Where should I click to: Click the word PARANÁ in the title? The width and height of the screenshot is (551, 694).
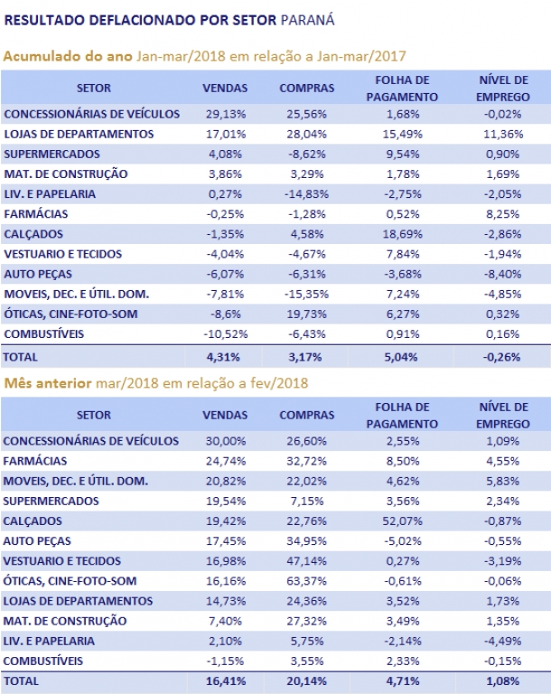(308, 20)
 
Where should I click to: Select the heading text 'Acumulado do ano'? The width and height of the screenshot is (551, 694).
(68, 56)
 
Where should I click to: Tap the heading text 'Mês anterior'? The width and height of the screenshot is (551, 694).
(48, 383)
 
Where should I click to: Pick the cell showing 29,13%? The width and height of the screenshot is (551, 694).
(225, 114)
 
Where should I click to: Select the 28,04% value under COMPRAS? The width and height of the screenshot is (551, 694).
(306, 134)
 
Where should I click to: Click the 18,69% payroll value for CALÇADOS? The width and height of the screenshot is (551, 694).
(402, 234)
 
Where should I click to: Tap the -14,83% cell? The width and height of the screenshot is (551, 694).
(306, 194)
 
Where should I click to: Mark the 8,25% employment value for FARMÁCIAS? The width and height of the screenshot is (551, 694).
(503, 214)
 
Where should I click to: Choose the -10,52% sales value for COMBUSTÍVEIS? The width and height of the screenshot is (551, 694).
(225, 334)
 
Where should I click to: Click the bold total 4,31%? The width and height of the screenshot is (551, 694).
(223, 357)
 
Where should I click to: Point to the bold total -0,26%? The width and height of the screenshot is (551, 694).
(501, 357)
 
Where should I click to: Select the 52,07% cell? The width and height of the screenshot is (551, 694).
(402, 521)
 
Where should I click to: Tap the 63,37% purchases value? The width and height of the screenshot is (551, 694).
(306, 581)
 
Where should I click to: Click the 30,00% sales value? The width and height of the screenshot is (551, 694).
(225, 441)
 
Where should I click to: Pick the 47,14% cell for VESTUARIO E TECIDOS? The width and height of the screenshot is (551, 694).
(306, 561)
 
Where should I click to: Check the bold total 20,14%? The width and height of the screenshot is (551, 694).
(306, 681)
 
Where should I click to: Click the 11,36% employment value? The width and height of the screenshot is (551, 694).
(503, 134)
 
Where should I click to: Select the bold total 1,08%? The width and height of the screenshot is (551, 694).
(503, 681)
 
